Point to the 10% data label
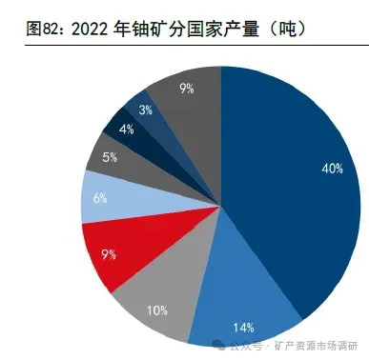tap(157, 310)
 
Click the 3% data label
tap(144, 110)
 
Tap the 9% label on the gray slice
tap(186, 89)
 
